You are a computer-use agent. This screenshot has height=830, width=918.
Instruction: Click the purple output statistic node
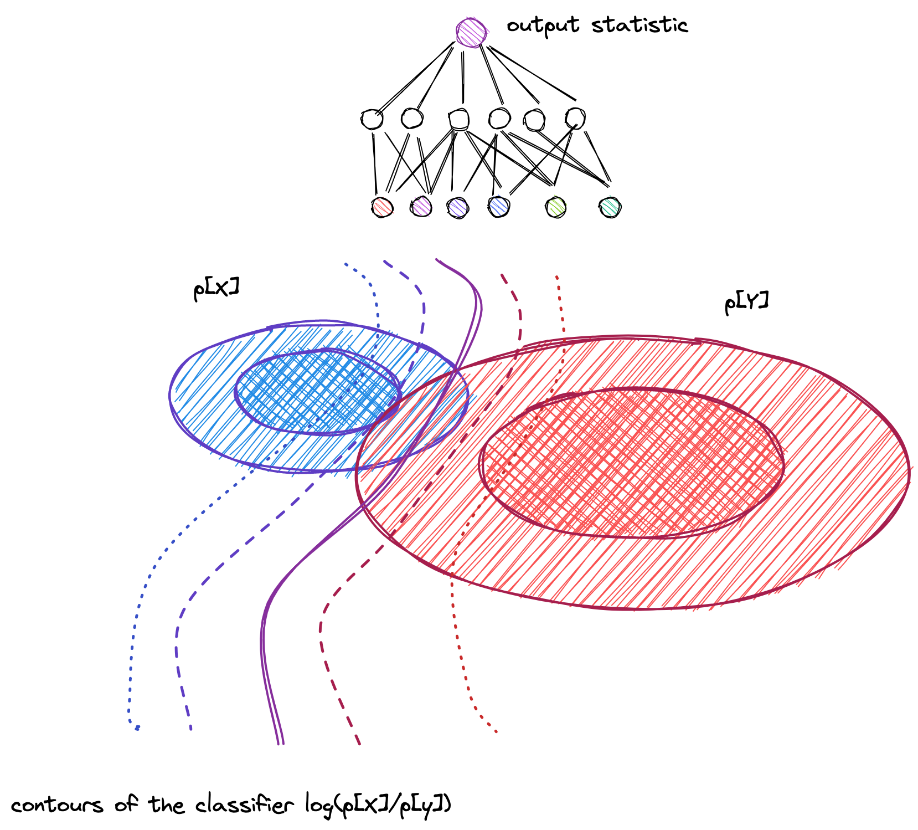coord(471,33)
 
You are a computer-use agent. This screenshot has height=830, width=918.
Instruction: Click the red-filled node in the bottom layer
coord(382,208)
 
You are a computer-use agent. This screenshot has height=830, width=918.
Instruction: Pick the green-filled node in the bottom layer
coord(556,208)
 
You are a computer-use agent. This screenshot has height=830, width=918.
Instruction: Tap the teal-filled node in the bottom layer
coord(610,208)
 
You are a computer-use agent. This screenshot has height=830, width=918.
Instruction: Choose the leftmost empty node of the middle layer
coord(372,119)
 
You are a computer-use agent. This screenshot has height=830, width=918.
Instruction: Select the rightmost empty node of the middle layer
coord(575,118)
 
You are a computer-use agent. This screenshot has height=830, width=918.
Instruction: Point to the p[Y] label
coord(746,303)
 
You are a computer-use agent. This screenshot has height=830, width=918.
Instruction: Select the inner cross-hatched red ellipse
coord(631,463)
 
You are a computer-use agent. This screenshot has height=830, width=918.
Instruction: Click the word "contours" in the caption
coord(57,805)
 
